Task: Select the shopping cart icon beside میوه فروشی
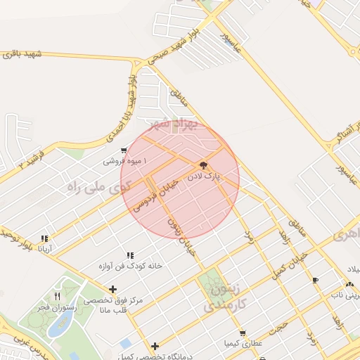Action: tap(124, 150)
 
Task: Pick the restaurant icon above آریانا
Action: tap(45, 238)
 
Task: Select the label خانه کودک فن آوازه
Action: tap(130, 266)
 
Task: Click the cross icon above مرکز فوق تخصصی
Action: tap(113, 289)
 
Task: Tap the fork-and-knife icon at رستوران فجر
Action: tap(57, 296)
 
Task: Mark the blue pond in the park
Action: tap(61, 324)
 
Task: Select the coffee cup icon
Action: tap(315, 280)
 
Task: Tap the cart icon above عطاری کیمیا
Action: tap(243, 333)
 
